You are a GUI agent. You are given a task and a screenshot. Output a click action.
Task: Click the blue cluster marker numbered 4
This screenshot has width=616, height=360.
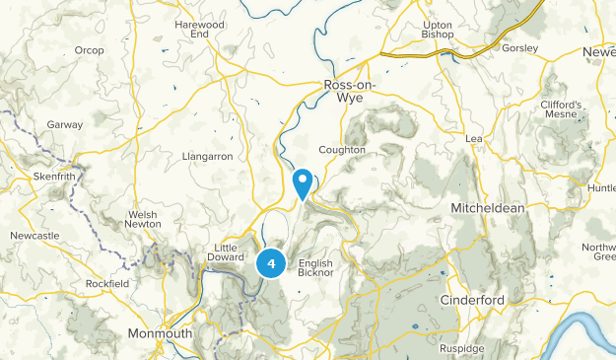point(271,263)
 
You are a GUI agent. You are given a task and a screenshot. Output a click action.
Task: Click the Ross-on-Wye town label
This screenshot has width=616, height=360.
point(351,92)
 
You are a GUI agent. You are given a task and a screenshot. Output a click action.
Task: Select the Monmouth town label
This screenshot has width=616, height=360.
point(160,333)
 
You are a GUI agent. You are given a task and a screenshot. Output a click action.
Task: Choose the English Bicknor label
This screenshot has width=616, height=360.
point(315,269)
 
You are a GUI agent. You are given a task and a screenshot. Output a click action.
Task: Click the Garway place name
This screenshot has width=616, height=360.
point(65,125)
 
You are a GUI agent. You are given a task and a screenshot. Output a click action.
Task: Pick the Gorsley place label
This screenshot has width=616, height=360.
point(519,47)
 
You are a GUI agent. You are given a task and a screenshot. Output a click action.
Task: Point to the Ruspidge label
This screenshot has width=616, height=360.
point(462,348)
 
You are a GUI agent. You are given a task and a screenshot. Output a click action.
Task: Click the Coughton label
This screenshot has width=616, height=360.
point(342,150)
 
